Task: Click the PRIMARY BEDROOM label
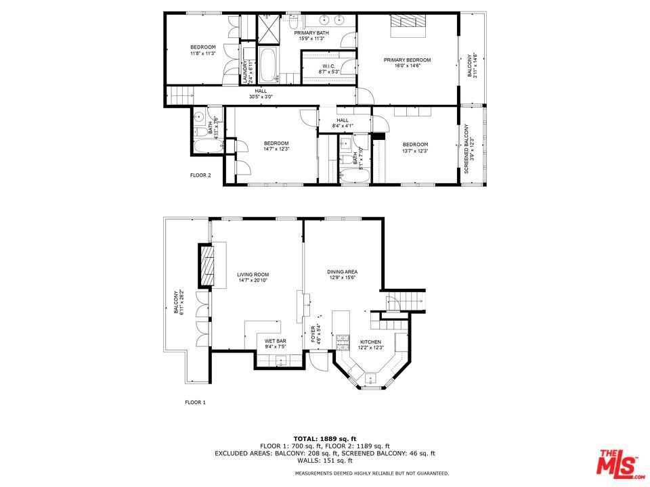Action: (407, 60)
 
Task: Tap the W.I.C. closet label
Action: (329, 66)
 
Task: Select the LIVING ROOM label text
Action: (253, 275)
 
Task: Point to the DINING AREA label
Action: (342, 272)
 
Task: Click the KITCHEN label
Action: (370, 342)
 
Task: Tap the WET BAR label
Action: (275, 342)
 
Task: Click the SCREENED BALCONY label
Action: (466, 149)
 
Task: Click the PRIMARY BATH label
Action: (311, 33)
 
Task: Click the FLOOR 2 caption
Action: (200, 175)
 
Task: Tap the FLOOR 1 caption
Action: (195, 402)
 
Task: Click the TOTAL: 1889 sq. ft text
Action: (324, 439)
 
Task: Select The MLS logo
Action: (617, 464)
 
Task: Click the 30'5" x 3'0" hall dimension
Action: (261, 97)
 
